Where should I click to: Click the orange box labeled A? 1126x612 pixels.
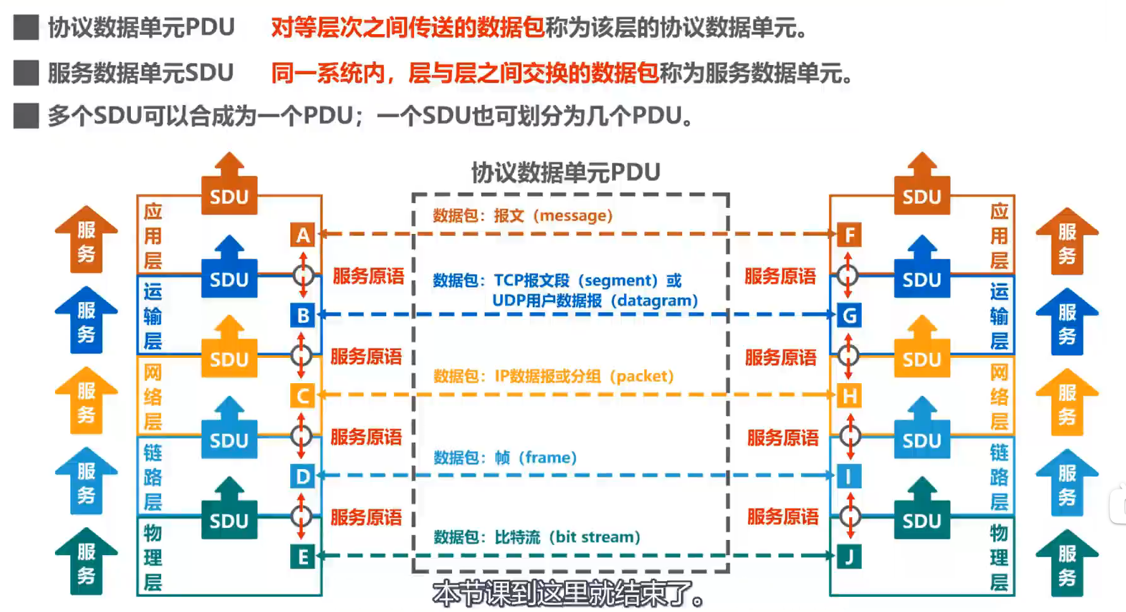pos(303,235)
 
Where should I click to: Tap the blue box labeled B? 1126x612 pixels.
pos(303,315)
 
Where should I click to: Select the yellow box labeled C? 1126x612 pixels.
pos(303,396)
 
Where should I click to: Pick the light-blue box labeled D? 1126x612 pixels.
pos(303,476)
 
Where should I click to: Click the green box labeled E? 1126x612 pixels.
pos(303,556)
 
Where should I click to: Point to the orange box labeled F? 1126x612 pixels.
pos(849,235)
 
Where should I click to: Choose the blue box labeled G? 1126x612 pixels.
pos(849,315)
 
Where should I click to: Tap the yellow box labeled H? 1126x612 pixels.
pos(849,396)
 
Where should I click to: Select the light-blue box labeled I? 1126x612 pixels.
pos(849,476)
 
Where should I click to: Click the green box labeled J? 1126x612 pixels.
pos(849,556)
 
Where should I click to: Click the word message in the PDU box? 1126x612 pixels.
pos(573,216)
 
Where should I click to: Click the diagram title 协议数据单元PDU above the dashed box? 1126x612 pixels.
pos(566,172)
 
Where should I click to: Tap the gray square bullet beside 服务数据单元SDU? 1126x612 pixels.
pos(26,73)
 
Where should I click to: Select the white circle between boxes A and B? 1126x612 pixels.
pos(303,275)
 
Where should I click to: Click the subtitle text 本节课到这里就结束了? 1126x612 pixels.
pos(568,594)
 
